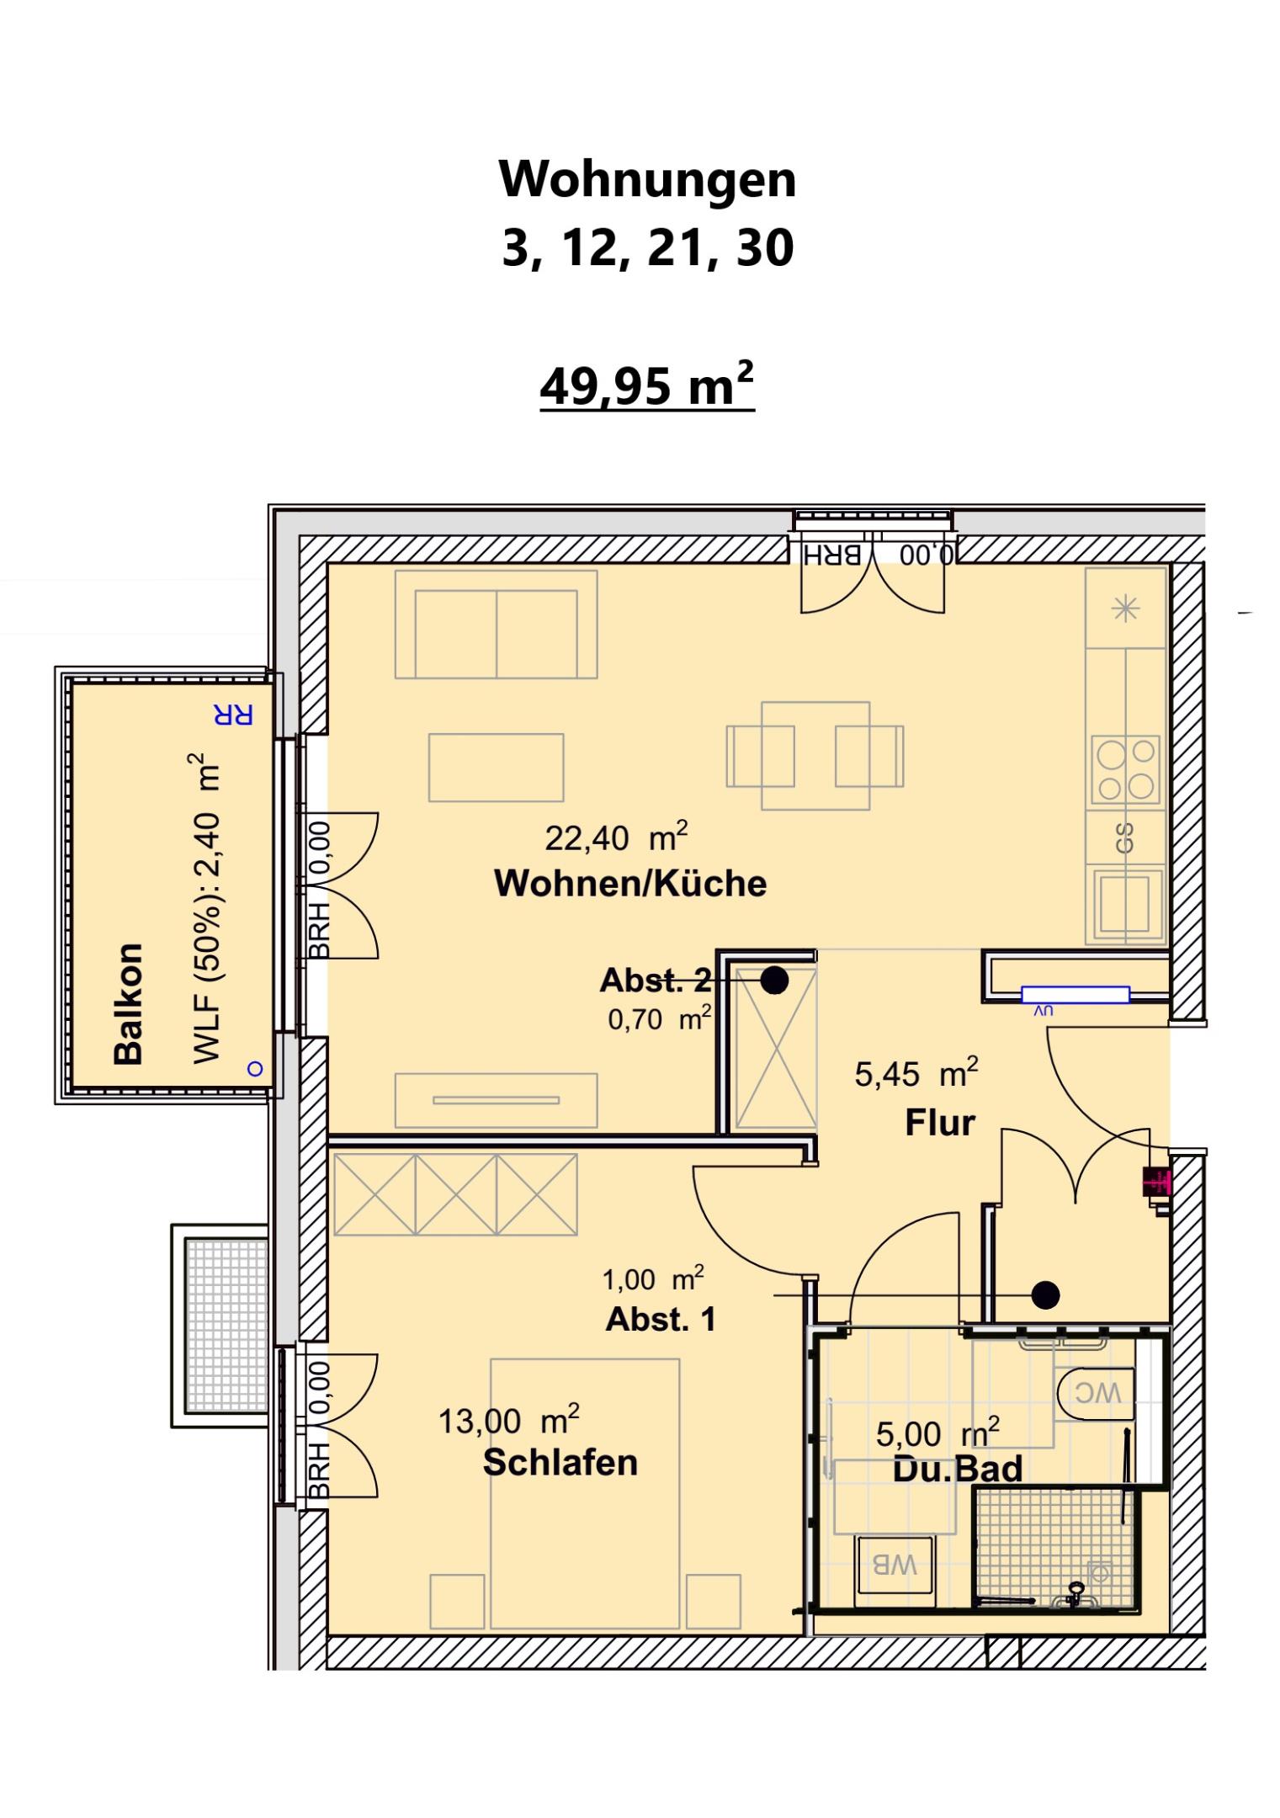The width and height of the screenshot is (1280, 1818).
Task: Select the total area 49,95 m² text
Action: tap(646, 386)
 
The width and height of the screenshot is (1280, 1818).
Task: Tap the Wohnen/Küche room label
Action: tap(630, 884)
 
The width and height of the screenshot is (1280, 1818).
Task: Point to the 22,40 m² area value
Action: tap(616, 837)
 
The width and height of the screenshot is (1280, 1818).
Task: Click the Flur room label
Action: tap(939, 1123)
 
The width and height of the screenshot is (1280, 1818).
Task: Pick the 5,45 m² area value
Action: tap(916, 1073)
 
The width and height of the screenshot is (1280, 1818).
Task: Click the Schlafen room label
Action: tap(560, 1463)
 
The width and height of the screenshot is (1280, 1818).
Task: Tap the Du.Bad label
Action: tap(957, 1469)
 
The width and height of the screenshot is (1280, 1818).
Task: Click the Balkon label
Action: tap(128, 1004)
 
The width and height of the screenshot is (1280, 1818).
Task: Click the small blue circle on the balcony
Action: tap(255, 1069)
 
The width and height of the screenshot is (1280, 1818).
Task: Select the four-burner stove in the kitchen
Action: tap(1125, 768)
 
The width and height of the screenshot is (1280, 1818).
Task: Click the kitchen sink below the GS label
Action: tap(1125, 906)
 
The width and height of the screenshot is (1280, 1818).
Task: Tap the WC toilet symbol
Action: tap(1094, 1393)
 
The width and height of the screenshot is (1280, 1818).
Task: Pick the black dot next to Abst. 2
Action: tap(774, 980)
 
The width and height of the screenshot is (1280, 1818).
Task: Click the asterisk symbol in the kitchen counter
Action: tap(1125, 609)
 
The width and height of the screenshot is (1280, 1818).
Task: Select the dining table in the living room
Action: tap(815, 755)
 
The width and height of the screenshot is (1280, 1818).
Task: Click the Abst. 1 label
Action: tap(661, 1320)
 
